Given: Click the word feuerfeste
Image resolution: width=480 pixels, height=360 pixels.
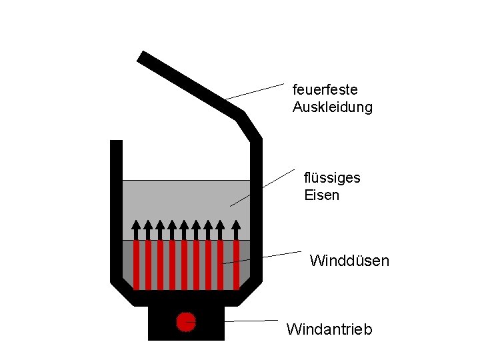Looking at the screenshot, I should click(x=325, y=89).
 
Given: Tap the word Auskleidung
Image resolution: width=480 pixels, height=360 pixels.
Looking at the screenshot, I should click(x=332, y=107).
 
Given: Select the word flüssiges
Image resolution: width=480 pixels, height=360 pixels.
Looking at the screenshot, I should click(x=332, y=178).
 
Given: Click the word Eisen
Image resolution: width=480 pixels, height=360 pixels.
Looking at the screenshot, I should click(x=321, y=195).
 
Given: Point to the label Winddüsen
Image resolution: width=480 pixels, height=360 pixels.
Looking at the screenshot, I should click(x=349, y=261).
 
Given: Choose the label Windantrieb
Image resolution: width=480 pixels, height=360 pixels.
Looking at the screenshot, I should click(x=329, y=329).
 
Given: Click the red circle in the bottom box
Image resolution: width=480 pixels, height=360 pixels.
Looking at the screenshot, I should click(x=185, y=322).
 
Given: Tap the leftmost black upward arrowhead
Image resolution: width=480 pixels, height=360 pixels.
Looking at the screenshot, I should click(x=136, y=225).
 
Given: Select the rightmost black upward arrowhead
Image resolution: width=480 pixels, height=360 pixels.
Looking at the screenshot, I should click(x=235, y=225).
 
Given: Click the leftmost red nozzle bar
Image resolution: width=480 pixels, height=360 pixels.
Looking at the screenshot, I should click(x=136, y=265).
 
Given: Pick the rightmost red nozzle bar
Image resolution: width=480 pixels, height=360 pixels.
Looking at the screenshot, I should click(x=235, y=265).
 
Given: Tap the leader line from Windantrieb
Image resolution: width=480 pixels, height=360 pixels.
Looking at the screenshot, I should click(x=250, y=321).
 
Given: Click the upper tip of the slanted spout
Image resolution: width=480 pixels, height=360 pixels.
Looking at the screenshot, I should click(x=142, y=56).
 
